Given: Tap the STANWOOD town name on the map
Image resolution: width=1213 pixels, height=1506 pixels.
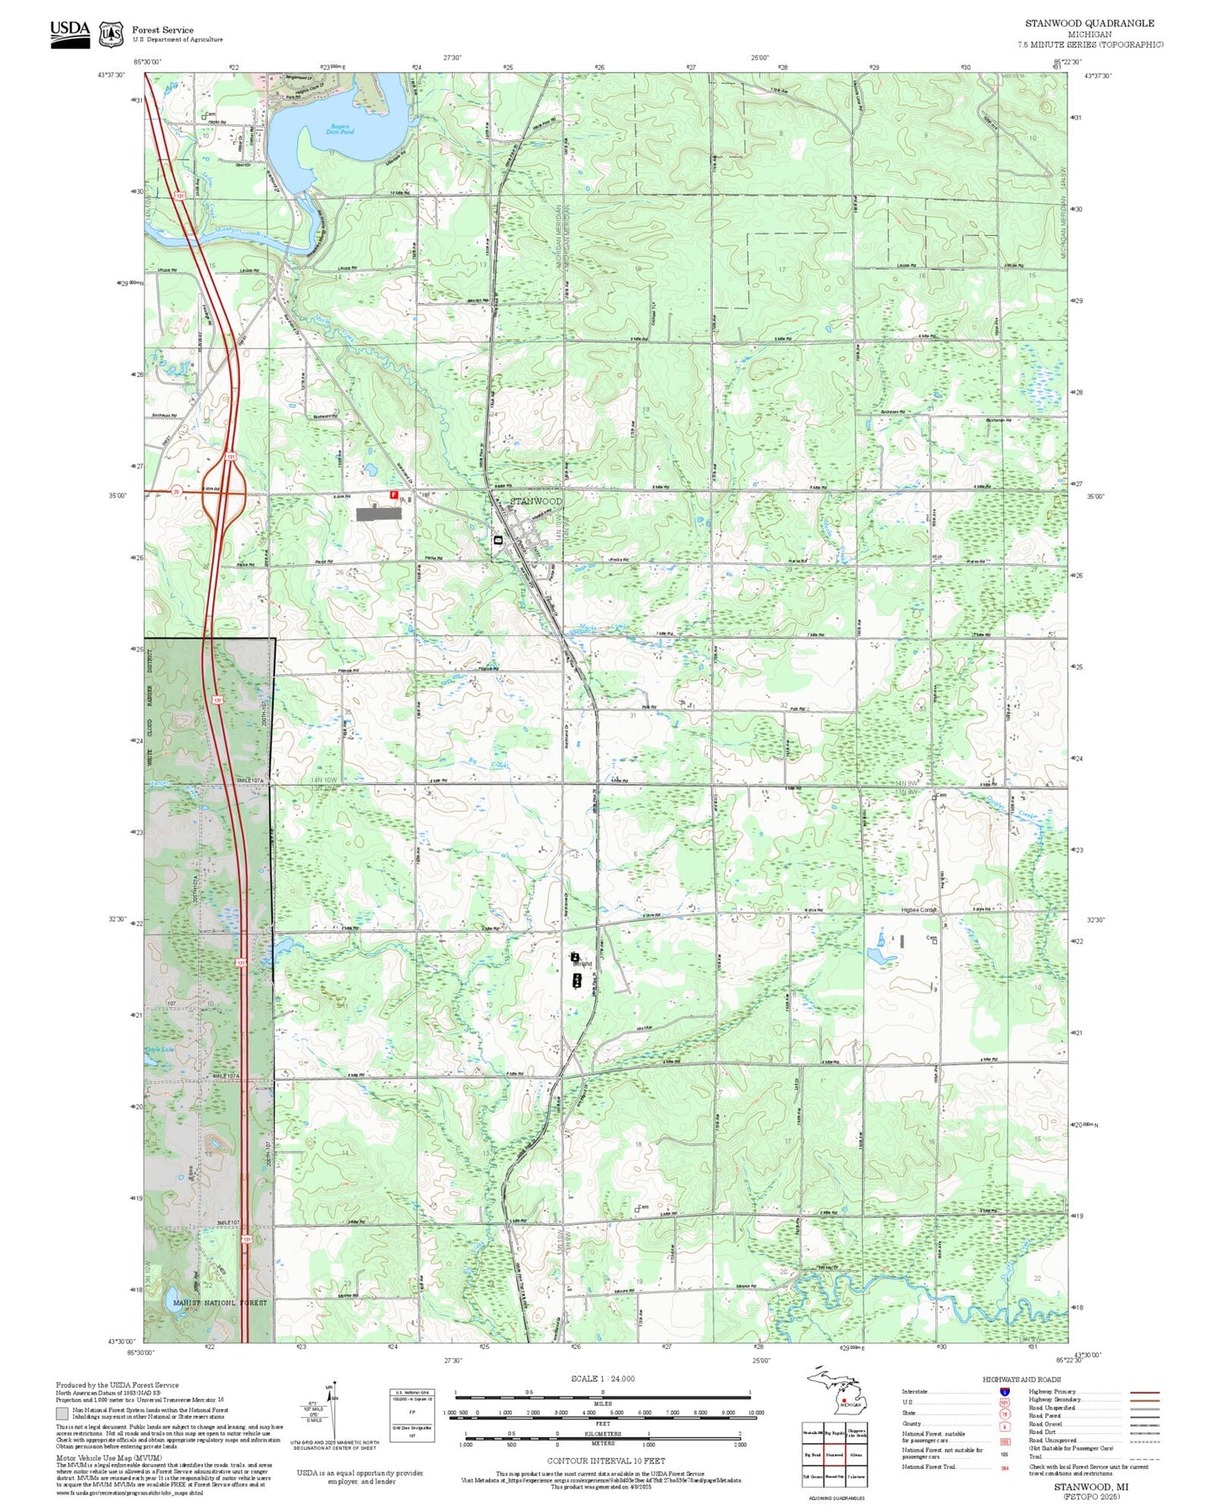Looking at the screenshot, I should point(536,501).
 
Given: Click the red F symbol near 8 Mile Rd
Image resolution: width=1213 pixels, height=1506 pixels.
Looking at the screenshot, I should point(393,496).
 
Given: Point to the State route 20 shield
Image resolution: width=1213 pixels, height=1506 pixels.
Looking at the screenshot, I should point(176,491).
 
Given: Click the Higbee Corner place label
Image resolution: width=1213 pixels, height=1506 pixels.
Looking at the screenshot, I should point(917,910).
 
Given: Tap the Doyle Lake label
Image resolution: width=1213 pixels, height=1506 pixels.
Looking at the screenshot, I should point(159,1049).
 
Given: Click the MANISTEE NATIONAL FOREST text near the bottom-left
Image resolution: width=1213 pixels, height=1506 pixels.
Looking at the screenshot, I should point(219,1303).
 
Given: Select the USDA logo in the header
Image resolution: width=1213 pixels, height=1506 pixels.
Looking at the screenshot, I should point(70,33).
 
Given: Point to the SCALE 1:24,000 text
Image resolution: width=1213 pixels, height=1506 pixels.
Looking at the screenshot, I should point(602,1378).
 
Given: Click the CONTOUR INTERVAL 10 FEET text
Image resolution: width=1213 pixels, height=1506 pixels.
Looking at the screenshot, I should point(605,1460).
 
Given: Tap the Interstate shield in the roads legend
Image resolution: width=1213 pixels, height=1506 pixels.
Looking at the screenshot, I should point(1004,1391).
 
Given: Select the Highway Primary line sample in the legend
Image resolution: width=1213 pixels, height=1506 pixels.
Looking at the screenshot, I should point(1145,1392).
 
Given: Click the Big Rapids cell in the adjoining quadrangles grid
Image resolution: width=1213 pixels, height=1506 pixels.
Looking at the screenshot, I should point(834,1434).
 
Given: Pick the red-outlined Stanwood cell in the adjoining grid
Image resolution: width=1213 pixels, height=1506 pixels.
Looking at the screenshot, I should point(834,1454).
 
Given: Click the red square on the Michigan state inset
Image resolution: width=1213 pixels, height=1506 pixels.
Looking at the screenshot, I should point(844,1399).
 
